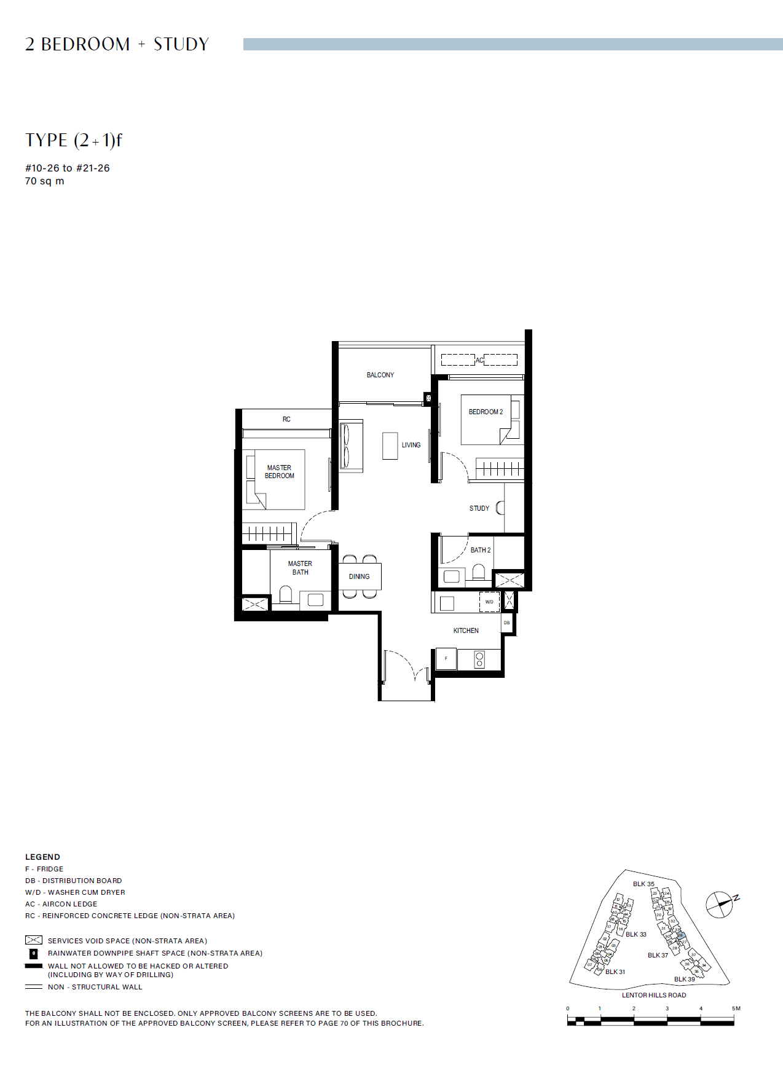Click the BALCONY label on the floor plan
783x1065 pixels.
[380, 375]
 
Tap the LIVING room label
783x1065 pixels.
[411, 445]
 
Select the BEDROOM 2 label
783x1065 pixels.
[486, 412]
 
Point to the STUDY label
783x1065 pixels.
[479, 508]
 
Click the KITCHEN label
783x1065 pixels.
[466, 631]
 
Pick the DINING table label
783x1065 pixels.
[359, 576]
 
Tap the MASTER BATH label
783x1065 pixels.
[300, 568]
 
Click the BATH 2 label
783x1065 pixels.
[481, 550]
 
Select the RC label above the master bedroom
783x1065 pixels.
[286, 419]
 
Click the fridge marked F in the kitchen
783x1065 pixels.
[446, 659]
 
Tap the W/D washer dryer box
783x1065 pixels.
[489, 602]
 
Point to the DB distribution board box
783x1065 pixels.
[507, 623]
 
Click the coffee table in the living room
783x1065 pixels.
[390, 446]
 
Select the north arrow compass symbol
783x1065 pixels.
[720, 904]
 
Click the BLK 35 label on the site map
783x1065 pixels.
[643, 884]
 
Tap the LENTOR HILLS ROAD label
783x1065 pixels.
[654, 995]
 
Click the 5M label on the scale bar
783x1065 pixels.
[736, 1008]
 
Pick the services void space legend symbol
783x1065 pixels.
[34, 940]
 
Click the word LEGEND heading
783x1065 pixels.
[42, 857]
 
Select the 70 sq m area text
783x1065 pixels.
[44, 181]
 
